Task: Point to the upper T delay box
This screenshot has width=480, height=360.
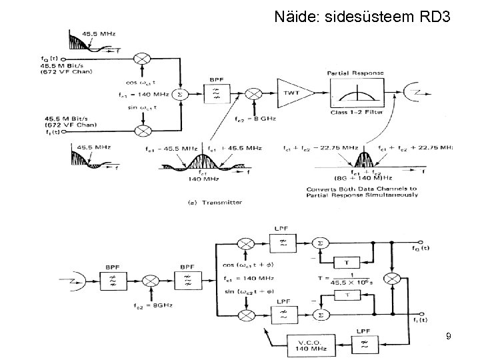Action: tap(345, 261)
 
